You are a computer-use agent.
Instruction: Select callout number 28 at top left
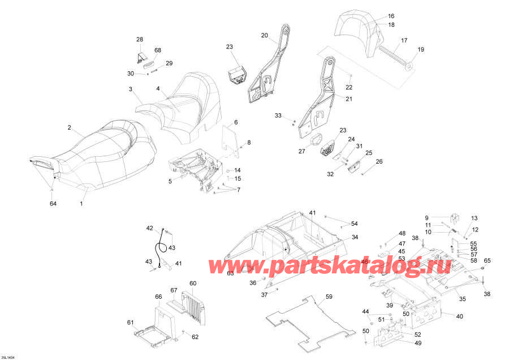(x=140, y=39)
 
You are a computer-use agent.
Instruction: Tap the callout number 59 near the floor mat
(x=329, y=296)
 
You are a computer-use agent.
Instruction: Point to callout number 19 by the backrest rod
(x=420, y=50)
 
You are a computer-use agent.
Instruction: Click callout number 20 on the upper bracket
(x=264, y=35)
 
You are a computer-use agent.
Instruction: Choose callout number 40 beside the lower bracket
(x=459, y=316)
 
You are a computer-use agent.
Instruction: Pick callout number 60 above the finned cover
(x=193, y=283)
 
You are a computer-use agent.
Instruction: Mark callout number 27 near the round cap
(x=301, y=151)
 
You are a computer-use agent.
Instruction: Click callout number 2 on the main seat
(x=70, y=128)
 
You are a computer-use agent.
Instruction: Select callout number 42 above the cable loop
(x=150, y=228)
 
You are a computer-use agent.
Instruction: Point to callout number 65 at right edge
(x=488, y=260)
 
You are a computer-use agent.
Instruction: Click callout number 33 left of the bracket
(x=278, y=115)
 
